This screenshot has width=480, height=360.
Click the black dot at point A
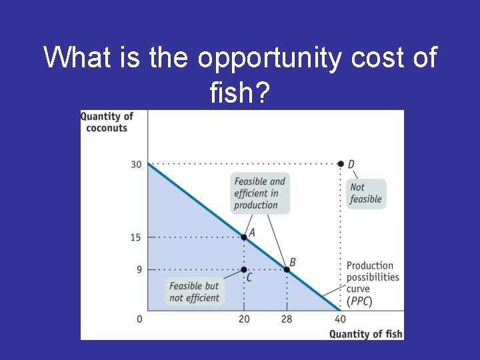[244, 237]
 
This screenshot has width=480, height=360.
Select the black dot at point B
[287, 269]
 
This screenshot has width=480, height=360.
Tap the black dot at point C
[244, 269]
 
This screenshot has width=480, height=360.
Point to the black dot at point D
[341, 164]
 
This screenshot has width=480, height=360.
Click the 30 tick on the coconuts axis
[136, 164]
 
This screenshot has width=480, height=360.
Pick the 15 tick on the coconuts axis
[136, 237]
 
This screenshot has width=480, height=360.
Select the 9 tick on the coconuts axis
[138, 269]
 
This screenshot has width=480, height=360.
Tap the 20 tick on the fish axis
[244, 319]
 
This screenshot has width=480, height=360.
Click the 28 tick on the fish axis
[287, 319]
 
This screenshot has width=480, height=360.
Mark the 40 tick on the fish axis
[340, 319]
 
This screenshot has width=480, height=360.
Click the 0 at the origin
[139, 319]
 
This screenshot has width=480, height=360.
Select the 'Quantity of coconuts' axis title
[107, 121]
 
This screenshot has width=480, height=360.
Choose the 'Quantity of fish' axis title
[366, 333]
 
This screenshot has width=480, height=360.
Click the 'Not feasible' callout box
[366, 193]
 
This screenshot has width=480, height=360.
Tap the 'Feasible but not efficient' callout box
[194, 292]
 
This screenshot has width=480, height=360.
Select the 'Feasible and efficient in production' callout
[260, 193]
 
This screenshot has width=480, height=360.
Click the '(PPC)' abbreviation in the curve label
[359, 301]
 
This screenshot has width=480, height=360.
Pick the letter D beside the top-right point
[351, 165]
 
